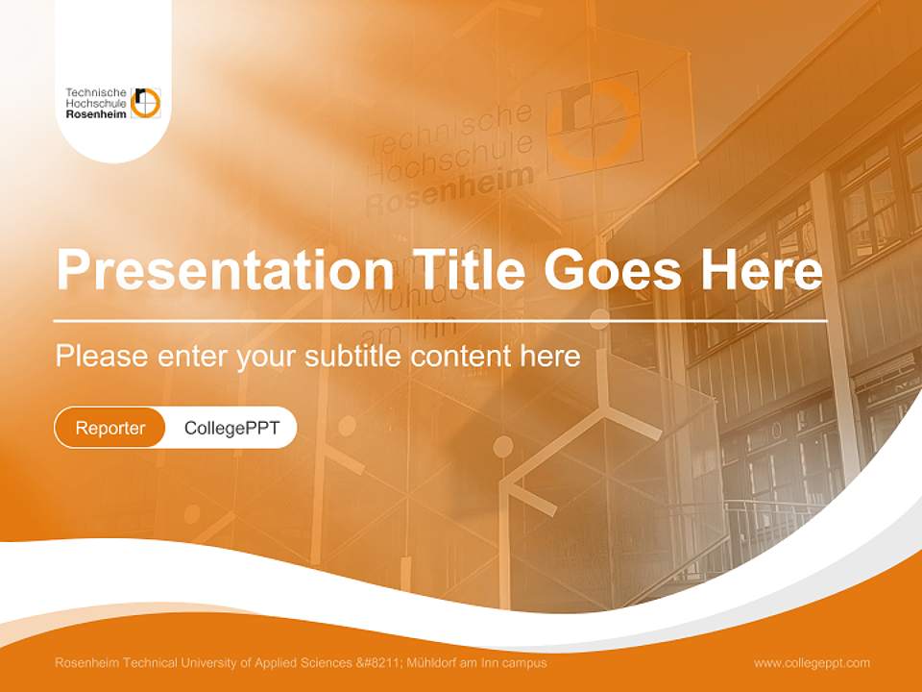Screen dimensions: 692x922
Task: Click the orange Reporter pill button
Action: point(110,428)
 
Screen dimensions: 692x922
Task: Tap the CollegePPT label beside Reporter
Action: point(231,428)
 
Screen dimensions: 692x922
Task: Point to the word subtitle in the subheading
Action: point(353,357)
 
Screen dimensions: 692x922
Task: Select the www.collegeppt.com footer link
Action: point(812,663)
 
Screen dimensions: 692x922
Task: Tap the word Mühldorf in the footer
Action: point(431,663)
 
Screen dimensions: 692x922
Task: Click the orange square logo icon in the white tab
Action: point(146,102)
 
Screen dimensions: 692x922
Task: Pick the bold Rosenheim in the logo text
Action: point(96,113)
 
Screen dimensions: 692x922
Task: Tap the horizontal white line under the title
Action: point(440,320)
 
